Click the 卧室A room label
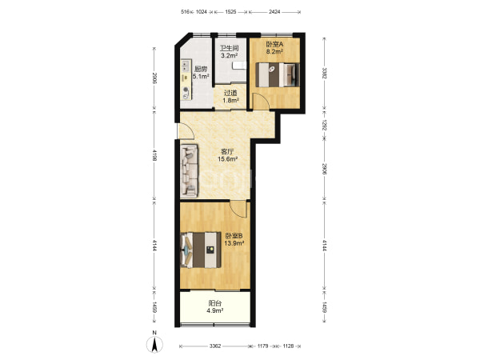pyautogui.click(x=274, y=44)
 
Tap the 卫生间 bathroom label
pyautogui.click(x=230, y=48)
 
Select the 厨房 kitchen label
pyautogui.click(x=201, y=69)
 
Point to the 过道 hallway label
pyautogui.click(x=230, y=93)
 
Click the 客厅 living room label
pyautogui.click(x=227, y=151)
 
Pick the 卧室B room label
pyautogui.click(x=234, y=236)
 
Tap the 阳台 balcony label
pyautogui.click(x=215, y=303)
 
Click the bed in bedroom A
pyautogui.click(x=278, y=74)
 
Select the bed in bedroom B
pyautogui.click(x=201, y=250)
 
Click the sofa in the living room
pyautogui.click(x=190, y=170)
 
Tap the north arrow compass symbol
pyautogui.click(x=155, y=345)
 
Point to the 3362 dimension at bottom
pyautogui.click(x=215, y=346)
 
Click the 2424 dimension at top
pyautogui.click(x=274, y=12)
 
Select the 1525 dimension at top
pyautogui.click(x=230, y=12)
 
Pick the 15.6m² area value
pyautogui.click(x=228, y=159)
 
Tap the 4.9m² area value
pyautogui.click(x=215, y=310)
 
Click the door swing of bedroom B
pyautogui.click(x=238, y=209)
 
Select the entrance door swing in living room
pyautogui.click(x=186, y=131)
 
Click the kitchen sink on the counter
pyautogui.click(x=185, y=66)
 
